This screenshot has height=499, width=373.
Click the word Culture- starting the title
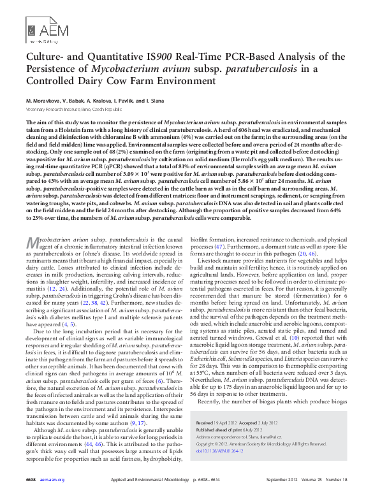[45, 58]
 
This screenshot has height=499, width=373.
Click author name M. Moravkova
[44, 101]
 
